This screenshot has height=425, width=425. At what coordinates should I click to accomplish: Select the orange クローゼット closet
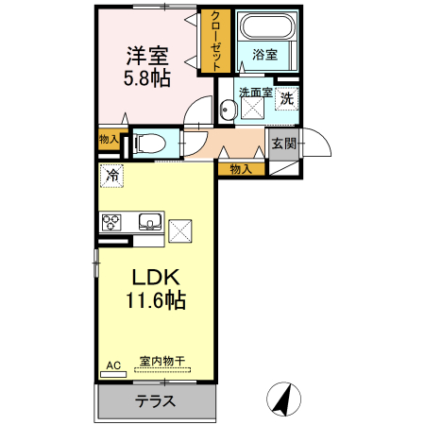point(216,41)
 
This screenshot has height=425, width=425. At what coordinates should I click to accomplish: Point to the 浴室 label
point(264,55)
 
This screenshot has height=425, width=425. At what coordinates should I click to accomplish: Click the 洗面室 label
point(255,93)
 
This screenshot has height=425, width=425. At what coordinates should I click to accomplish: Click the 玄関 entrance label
point(283,144)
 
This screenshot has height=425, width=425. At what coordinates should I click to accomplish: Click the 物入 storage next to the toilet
point(109,139)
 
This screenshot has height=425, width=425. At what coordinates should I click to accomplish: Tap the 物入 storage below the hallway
point(241,169)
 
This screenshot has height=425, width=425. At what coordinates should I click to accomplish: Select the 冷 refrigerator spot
point(113,175)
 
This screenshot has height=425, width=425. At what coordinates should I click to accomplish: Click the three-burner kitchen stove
point(111,223)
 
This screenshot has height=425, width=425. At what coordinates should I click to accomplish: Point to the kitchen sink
point(149,223)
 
